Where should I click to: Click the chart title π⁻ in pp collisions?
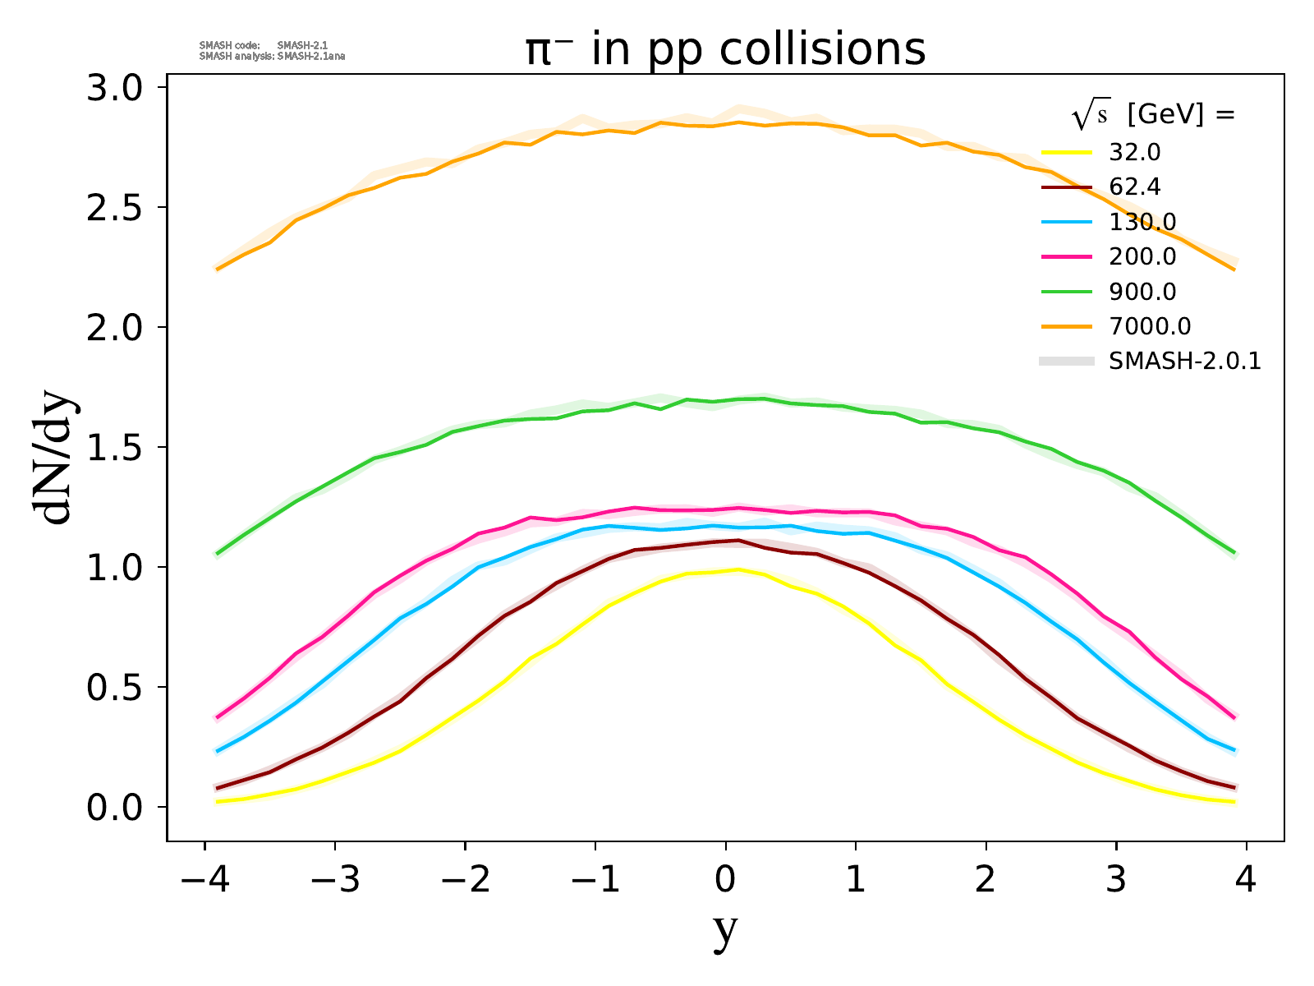(725, 49)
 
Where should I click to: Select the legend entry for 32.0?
(1135, 153)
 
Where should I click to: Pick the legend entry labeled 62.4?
(1135, 187)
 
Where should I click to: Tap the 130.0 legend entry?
(1142, 222)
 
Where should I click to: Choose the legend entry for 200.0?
(1142, 257)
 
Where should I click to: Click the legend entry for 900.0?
(1142, 292)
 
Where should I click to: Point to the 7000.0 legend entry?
(1149, 326)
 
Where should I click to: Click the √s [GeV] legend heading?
(1153, 116)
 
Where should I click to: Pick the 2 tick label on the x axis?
(985, 881)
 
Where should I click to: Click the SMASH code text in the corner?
(229, 46)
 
